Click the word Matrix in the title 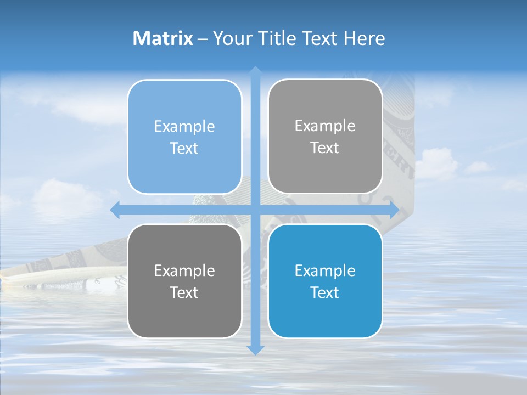coord(163,38)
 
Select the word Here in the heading coord(365,38)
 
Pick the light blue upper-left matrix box coord(184,137)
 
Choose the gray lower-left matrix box coord(184,281)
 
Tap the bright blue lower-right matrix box coord(325,281)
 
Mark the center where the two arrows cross coord(255,210)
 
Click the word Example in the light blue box coord(184,126)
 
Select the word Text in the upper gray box coord(325,148)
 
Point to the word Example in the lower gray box coord(184,270)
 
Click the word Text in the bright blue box coord(325,292)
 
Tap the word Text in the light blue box coord(184,149)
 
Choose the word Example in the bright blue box coord(325,270)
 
